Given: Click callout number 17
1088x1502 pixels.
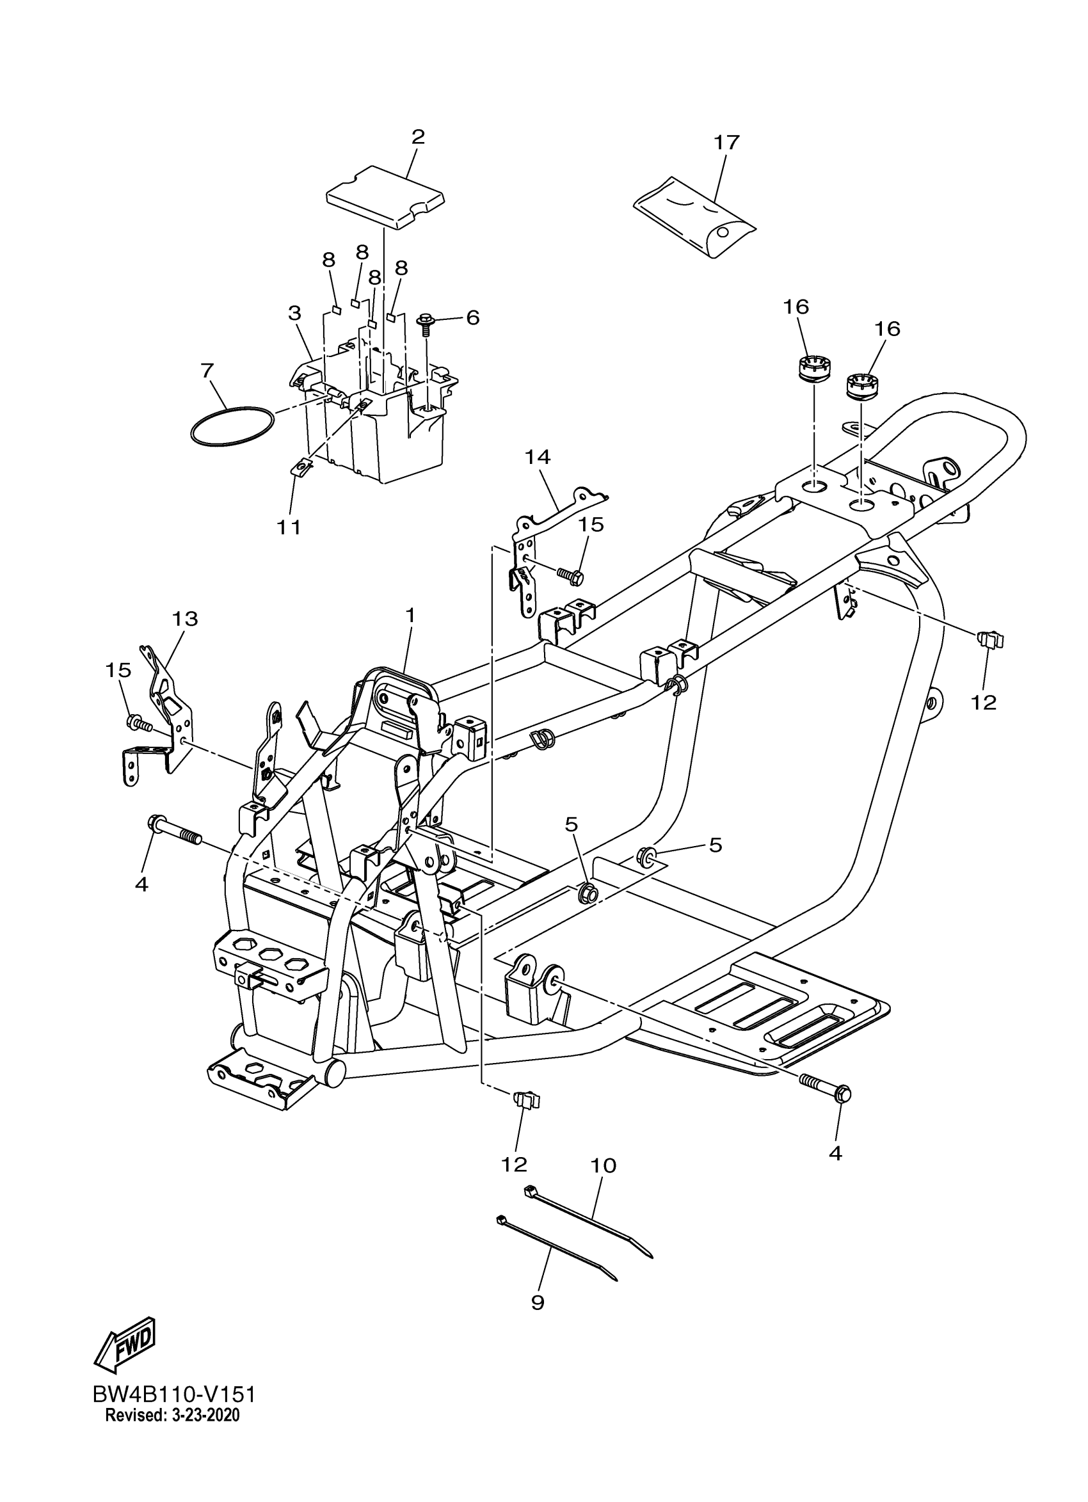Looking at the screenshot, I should coord(726,142).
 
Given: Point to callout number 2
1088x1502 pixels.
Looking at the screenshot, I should coord(418,137).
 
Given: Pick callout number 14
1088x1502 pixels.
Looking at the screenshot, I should coord(537,457).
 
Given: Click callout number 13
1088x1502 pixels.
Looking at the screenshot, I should coord(186,619).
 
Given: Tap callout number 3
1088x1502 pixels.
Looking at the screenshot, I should coord(294,312).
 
